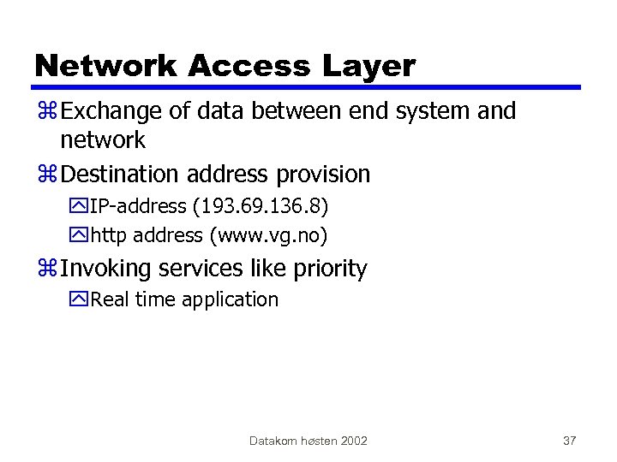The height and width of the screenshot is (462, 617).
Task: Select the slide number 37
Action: click(x=569, y=441)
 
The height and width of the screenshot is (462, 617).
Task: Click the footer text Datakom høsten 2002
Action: click(x=308, y=441)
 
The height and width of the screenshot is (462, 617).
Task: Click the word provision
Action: click(x=323, y=175)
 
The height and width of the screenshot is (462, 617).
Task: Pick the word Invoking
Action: click(x=103, y=269)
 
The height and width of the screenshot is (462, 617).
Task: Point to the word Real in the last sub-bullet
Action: click(x=108, y=299)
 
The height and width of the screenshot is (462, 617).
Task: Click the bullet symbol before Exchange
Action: click(x=47, y=111)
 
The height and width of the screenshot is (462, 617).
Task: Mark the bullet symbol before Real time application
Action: click(x=81, y=300)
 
